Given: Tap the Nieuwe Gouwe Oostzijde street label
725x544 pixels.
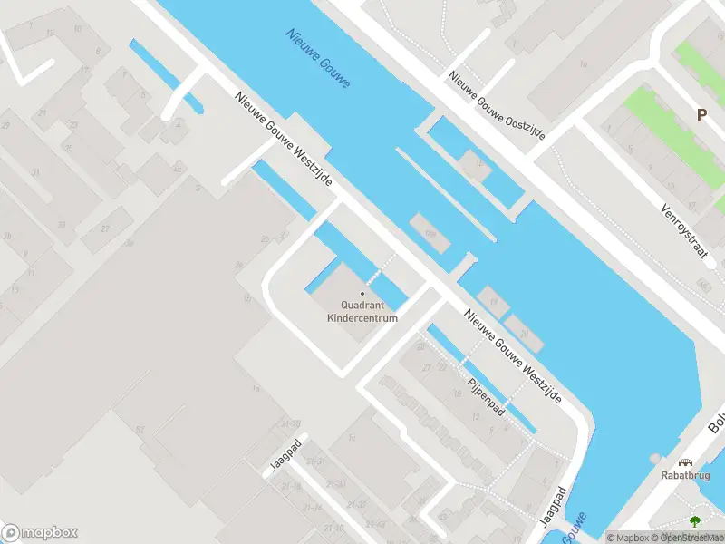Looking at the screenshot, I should coord(498,104).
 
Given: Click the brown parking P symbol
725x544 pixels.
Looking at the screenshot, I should coord(701,115).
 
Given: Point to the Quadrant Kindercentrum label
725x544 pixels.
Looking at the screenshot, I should coord(362,311).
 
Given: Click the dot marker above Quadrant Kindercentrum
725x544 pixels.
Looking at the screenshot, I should coord(362,293).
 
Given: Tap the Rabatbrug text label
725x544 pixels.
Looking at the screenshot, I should coord(685,473).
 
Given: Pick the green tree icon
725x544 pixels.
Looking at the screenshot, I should coord(695,521).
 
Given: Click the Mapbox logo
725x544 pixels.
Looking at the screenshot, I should coord(40,532).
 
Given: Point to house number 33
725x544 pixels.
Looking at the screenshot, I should coord(62,224).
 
